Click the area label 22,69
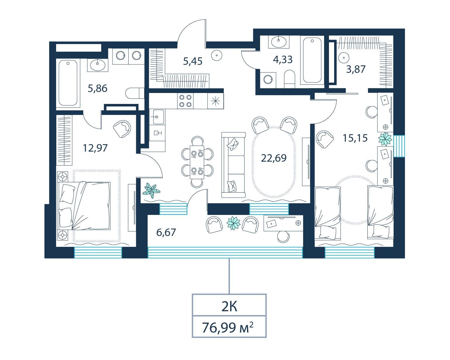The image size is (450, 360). click(273, 158)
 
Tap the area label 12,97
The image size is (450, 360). click(95, 148)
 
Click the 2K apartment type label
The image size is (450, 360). click(229, 307)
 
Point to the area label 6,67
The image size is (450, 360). click(166, 232)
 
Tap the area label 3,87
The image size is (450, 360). click(356, 69)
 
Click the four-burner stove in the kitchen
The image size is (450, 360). click(185, 101)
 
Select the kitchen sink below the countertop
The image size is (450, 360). click(157, 117)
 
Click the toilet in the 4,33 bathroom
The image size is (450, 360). click(290, 79)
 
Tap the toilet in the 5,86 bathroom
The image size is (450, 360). click(135, 93)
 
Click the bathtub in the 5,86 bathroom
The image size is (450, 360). click(68, 83)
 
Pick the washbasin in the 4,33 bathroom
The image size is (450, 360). click(279, 42)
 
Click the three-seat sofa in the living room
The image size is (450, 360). click(233, 165)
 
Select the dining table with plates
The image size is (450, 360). click(197, 162)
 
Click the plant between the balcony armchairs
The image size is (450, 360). click(234, 223)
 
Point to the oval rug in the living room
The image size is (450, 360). click(274, 162)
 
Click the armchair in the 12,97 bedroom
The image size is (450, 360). click(122, 129)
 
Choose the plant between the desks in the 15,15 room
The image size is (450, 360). click(385, 139)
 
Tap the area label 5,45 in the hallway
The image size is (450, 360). click(193, 61)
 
